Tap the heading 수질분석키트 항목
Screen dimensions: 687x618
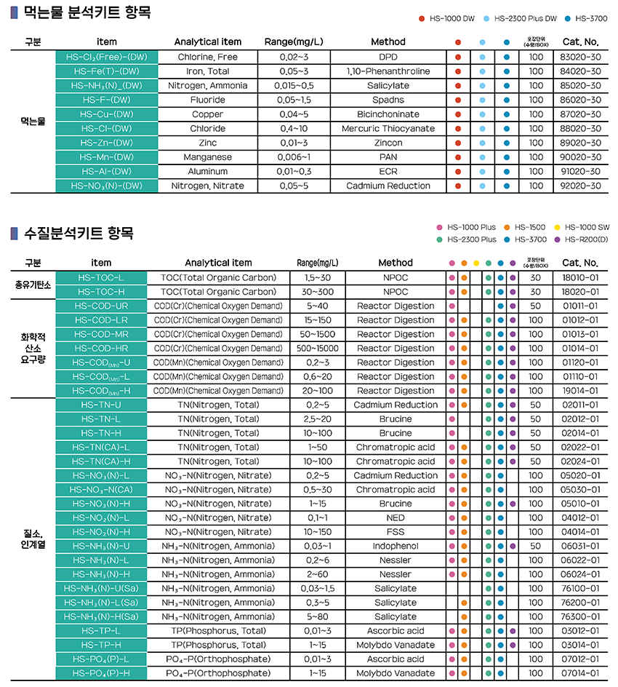pyautogui.click(x=79, y=234)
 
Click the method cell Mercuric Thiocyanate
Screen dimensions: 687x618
pyautogui.click(x=388, y=128)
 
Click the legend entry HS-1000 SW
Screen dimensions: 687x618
pyautogui.click(x=586, y=227)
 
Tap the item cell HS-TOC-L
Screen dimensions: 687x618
pyautogui.click(x=102, y=277)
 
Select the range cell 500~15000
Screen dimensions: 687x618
pyautogui.click(x=317, y=348)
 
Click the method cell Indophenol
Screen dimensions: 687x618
pyautogui.click(x=395, y=546)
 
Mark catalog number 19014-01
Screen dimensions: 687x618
pyautogui.click(x=579, y=391)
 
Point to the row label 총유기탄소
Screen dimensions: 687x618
pyautogui.click(x=33, y=285)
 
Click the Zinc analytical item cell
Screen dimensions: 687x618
pyautogui.click(x=207, y=143)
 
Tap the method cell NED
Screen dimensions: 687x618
pyautogui.click(x=395, y=517)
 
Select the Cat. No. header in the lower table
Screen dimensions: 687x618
pyautogui.click(x=579, y=263)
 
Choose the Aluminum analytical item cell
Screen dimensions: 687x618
pyautogui.click(x=207, y=171)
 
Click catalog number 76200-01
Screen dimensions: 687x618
pyautogui.click(x=579, y=603)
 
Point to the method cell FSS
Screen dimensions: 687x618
pyautogui.click(x=395, y=532)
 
